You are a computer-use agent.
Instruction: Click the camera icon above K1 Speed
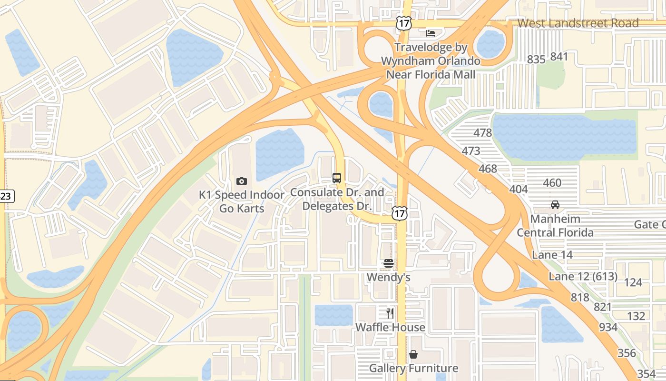coord(242,181)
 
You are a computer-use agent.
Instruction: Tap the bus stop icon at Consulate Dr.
coord(337,178)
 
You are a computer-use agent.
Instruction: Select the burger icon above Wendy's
coord(389,263)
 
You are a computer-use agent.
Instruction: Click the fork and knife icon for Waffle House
coord(390,313)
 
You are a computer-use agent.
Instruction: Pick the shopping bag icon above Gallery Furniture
coord(413,354)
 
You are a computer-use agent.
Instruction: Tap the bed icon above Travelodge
coord(431,33)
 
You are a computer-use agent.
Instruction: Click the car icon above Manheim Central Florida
coord(555,205)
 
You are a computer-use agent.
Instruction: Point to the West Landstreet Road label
coord(578,23)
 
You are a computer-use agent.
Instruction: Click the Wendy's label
coord(389,277)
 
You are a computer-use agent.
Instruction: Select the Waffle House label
coord(390,327)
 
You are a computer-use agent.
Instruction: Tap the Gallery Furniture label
coord(413,368)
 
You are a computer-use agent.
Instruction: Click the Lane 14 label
coord(552,255)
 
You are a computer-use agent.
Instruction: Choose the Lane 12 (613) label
coord(583,277)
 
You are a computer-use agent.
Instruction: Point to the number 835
coord(536,60)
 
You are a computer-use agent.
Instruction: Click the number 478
coord(483,133)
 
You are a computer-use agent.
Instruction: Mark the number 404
coord(519,189)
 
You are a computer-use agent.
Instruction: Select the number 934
coord(608,327)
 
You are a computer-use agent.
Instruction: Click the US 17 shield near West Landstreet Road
coord(404,23)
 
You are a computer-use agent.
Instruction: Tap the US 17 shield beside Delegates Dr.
coord(400,213)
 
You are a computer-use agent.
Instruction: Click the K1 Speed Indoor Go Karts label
coord(242,201)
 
